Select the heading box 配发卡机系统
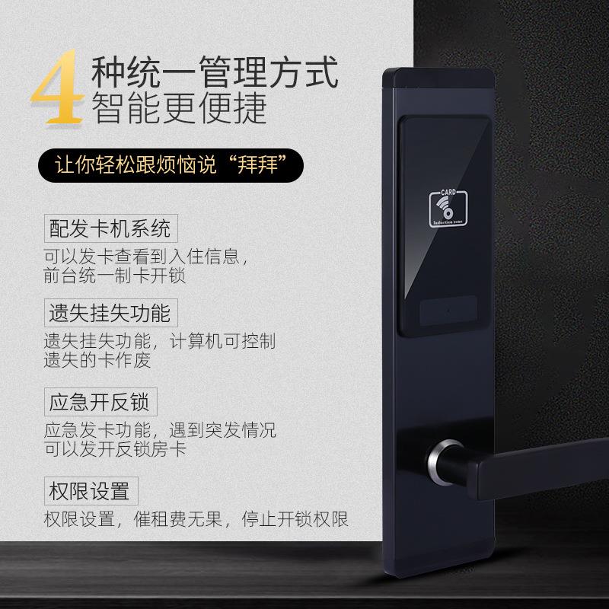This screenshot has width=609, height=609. point(110,228)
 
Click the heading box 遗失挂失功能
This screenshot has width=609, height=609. point(110,312)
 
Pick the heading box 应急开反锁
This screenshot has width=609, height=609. point(98,400)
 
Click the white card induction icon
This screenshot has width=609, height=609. point(445,206)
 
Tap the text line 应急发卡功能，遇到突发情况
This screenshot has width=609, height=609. point(160,429)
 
